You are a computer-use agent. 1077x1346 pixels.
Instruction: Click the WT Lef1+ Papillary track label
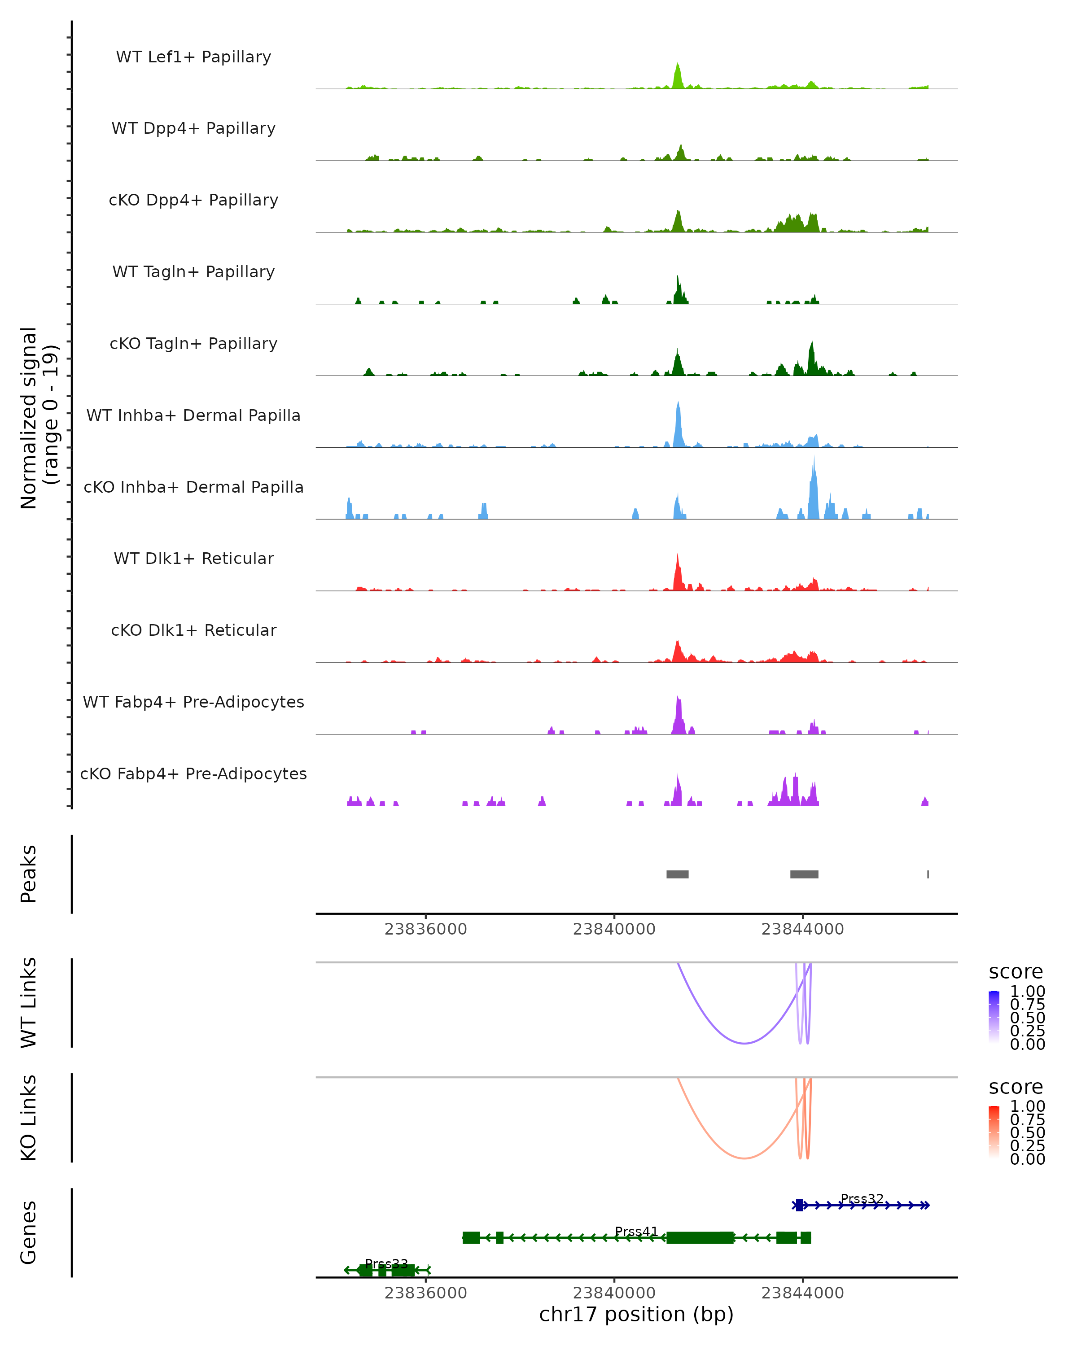193,57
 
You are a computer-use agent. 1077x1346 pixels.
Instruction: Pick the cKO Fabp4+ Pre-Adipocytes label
193,774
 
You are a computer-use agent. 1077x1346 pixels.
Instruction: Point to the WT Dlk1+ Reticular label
193,558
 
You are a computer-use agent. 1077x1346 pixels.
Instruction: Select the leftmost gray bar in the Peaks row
678,874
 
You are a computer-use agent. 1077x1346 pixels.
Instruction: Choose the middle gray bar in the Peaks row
804,874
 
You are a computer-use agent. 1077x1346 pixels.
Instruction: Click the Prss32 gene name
862,1199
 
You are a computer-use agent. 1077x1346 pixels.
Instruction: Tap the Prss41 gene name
636,1231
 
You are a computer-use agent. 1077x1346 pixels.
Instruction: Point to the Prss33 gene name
386,1263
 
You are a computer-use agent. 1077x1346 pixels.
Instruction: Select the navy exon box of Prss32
799,1205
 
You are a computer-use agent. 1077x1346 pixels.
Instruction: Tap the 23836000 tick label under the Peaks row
426,929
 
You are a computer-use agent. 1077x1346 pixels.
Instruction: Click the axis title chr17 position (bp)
636,1314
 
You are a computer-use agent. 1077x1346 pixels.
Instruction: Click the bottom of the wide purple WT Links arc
744,1043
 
